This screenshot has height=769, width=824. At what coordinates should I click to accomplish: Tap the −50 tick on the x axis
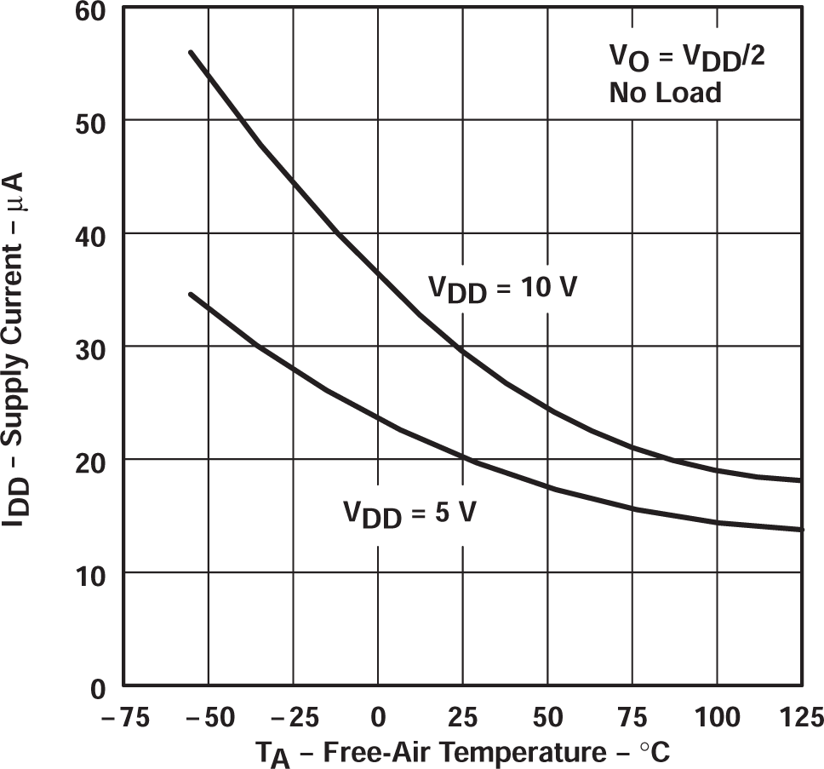pos(209,718)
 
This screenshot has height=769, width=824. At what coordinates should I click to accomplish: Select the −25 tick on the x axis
pos(294,718)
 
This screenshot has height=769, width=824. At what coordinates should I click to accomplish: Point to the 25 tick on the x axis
pos(463,718)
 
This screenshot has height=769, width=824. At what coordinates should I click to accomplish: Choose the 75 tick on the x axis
pos(632,718)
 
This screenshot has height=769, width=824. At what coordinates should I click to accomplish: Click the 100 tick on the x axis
pos(718,718)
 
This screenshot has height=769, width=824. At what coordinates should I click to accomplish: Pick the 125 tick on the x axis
pos(798,718)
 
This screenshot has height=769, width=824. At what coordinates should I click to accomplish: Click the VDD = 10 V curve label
pos(502,289)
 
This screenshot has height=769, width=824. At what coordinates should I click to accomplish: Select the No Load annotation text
pos(665,92)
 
